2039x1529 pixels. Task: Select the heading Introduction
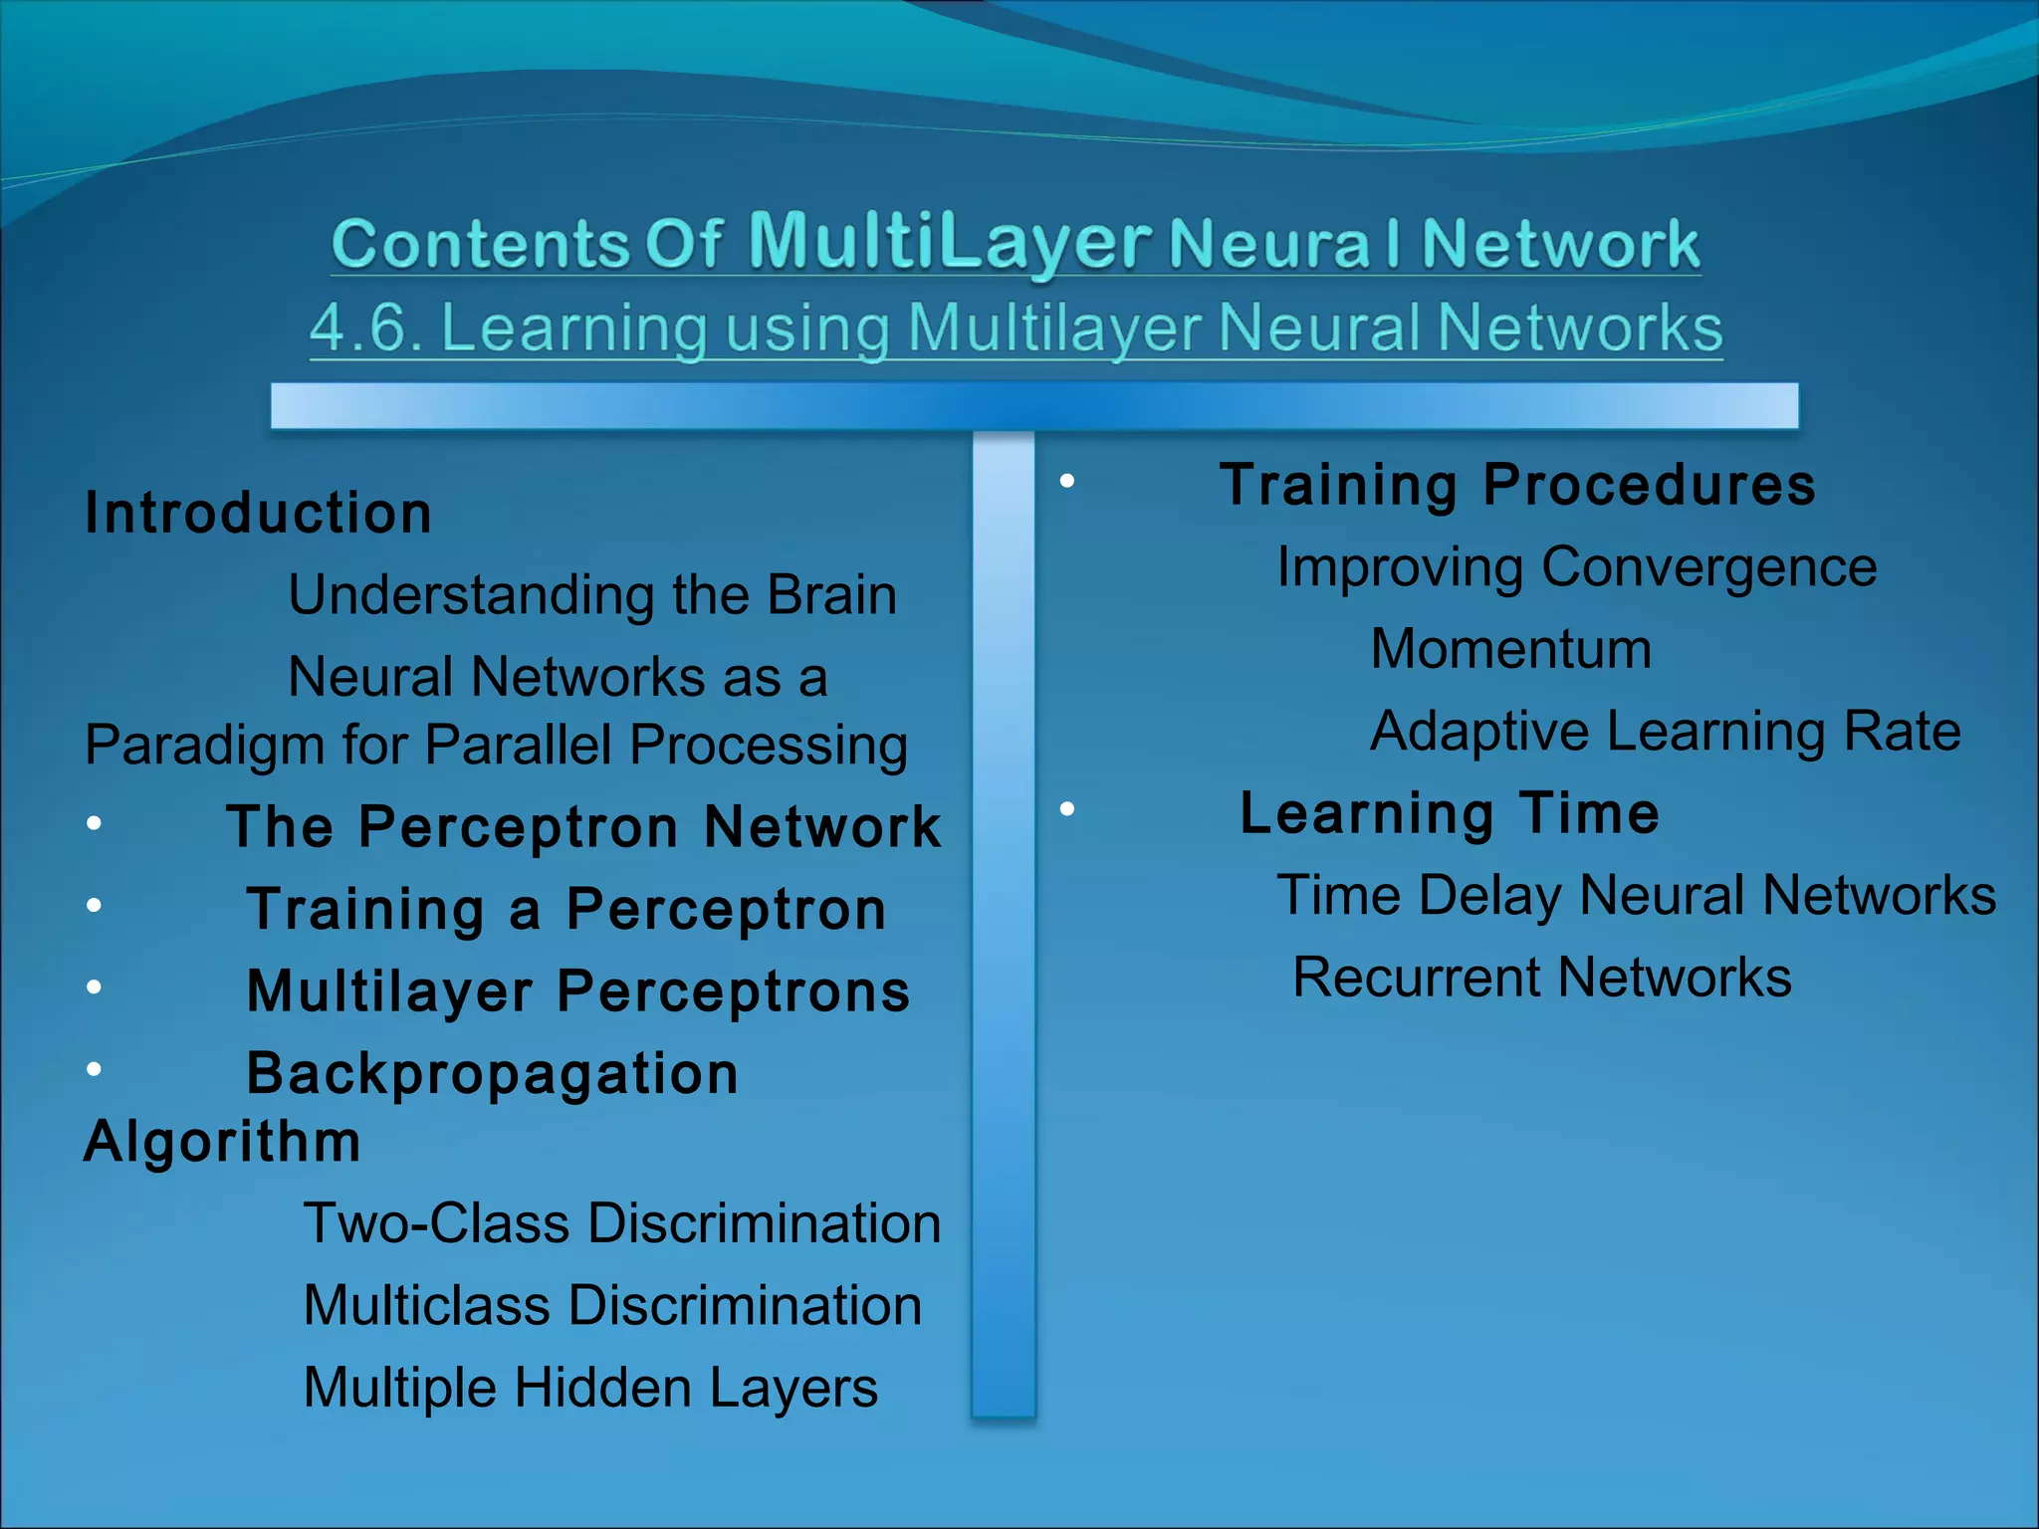[259, 514]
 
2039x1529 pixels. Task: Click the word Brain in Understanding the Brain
[831, 595]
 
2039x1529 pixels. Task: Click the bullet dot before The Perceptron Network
[94, 823]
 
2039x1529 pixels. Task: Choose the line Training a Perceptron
[566, 909]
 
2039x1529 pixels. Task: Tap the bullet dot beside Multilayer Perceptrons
[94, 986]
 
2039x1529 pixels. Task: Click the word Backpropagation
[493, 1073]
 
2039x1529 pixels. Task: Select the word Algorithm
[222, 1141]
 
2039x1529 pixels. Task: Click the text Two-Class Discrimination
[621, 1223]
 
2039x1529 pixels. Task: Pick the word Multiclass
[426, 1305]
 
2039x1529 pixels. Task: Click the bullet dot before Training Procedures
[1067, 482]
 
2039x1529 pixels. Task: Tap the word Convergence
[1708, 567]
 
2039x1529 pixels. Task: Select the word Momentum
[1510, 649]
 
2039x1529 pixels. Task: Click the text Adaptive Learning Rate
[1665, 732]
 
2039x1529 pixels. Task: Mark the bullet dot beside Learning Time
[1067, 809]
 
